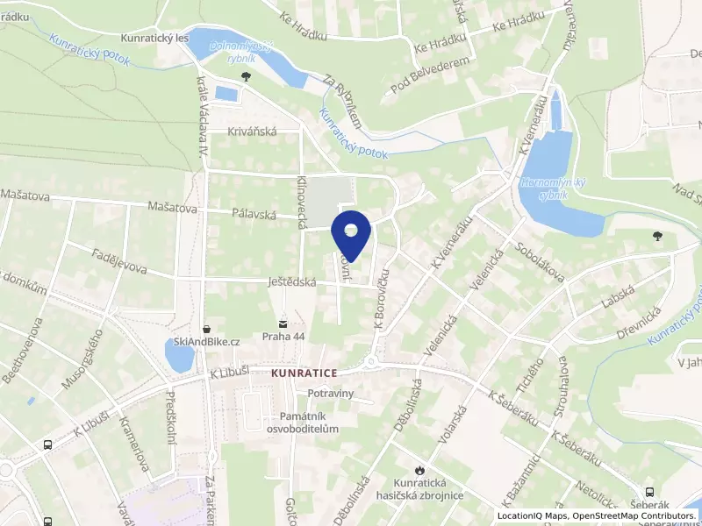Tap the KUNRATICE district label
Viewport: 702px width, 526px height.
point(304,373)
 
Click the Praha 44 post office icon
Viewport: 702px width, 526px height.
point(283,322)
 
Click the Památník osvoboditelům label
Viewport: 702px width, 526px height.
point(304,422)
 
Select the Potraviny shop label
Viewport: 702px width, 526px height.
point(324,394)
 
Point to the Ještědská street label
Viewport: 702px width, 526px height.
point(291,282)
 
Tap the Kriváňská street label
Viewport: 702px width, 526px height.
point(253,131)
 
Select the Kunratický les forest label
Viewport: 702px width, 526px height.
point(157,39)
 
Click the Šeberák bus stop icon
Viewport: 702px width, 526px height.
point(649,493)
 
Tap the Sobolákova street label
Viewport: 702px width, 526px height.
point(541,261)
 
